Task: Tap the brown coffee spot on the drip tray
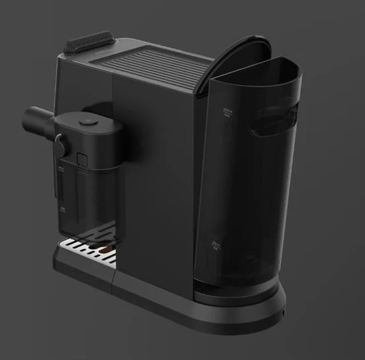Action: point(107,250)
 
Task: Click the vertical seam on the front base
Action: point(113,284)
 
